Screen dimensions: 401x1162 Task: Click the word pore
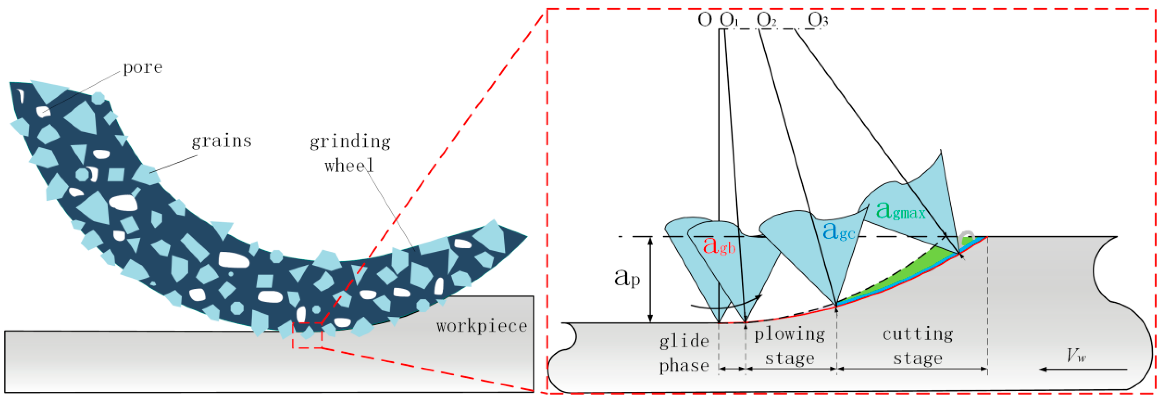pyautogui.click(x=143, y=67)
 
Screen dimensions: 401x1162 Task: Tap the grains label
pyautogui.click(x=221, y=141)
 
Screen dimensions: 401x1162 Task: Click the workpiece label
pyautogui.click(x=482, y=326)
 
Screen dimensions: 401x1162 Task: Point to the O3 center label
pyautogui.click(x=818, y=20)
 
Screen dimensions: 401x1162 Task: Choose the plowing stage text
pyautogui.click(x=789, y=346)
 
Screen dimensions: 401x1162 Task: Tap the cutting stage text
pyautogui.click(x=918, y=346)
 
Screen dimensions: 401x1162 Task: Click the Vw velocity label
pyautogui.click(x=1076, y=356)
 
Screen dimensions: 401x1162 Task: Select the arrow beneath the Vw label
pyautogui.click(x=1083, y=369)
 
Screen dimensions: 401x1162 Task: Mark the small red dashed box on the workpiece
pyautogui.click(x=307, y=335)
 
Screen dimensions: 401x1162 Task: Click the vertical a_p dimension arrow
pyautogui.click(x=650, y=280)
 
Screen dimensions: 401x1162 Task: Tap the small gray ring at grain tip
pyautogui.click(x=967, y=236)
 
